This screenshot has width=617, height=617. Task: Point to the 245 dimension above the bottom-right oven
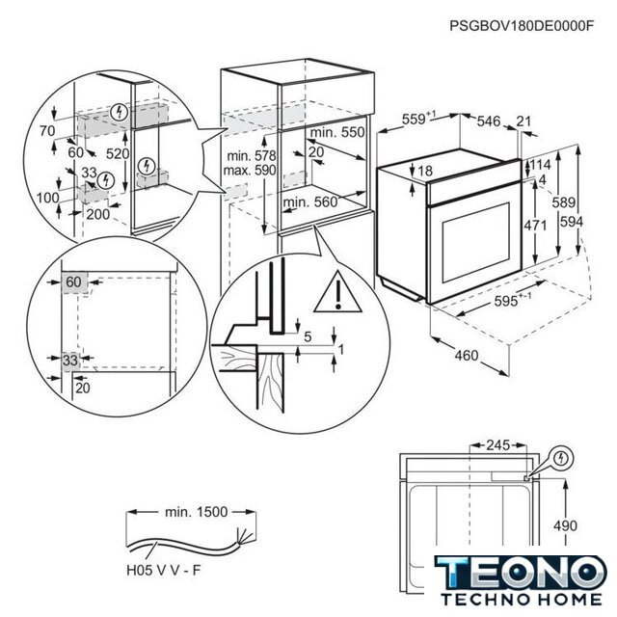tap(496, 445)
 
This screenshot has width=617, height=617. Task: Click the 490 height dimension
tap(567, 525)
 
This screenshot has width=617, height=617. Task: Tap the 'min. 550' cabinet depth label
tap(339, 132)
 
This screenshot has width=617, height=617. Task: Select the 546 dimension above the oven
tap(491, 121)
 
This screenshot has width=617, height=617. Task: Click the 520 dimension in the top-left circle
tap(119, 154)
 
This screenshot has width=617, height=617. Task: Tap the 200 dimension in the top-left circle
tap(96, 214)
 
